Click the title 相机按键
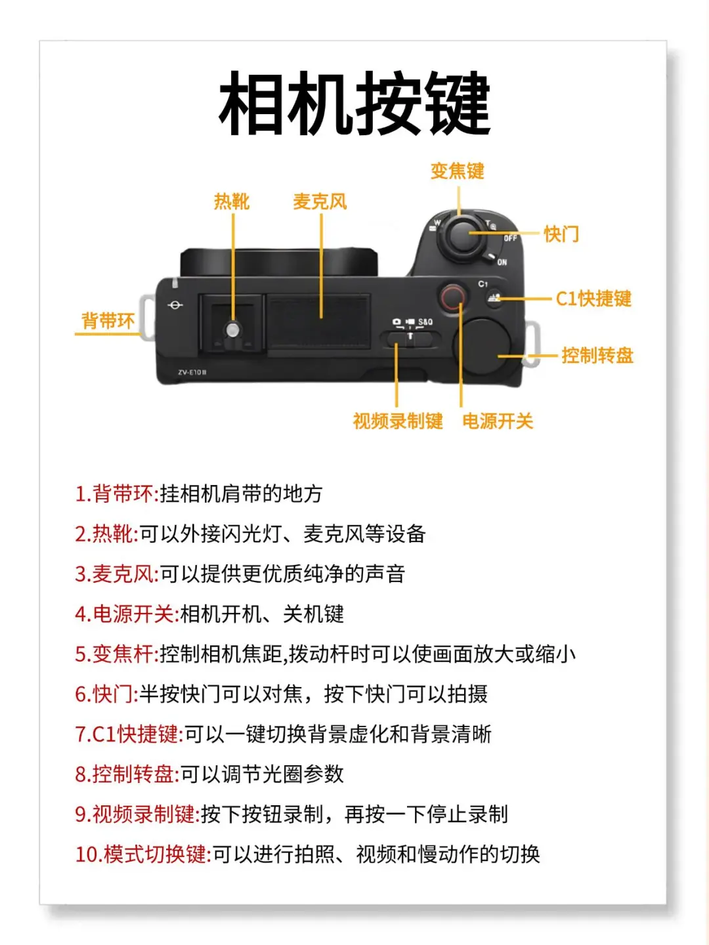354,103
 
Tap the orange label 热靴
232,201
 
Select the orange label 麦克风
320,201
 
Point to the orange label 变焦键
457,171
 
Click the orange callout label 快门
561,234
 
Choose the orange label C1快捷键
593,299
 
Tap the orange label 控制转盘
597,356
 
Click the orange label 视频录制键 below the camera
398,421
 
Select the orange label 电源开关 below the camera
498,421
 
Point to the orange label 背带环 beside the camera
108,321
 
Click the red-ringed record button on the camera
452,296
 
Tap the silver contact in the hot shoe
232,330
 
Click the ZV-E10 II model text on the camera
192,372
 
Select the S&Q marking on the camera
425,322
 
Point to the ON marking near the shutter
502,262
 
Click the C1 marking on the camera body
483,284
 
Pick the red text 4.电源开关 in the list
127,614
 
